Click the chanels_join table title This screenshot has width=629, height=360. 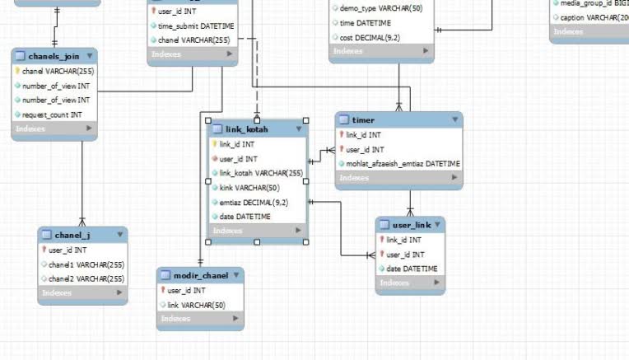(54, 56)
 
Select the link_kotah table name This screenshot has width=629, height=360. (247, 129)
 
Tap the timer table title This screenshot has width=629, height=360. (362, 120)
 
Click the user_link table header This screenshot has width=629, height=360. (412, 225)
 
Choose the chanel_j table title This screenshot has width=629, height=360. (72, 236)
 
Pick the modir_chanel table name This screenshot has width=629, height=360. (200, 275)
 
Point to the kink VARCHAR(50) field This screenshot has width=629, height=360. (238, 188)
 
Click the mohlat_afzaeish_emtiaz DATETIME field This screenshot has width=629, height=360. (403, 163)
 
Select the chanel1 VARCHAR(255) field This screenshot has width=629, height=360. (86, 264)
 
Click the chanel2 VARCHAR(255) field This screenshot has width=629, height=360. (86, 278)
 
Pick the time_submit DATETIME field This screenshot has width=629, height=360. (195, 26)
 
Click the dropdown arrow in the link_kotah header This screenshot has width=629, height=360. (299, 129)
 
